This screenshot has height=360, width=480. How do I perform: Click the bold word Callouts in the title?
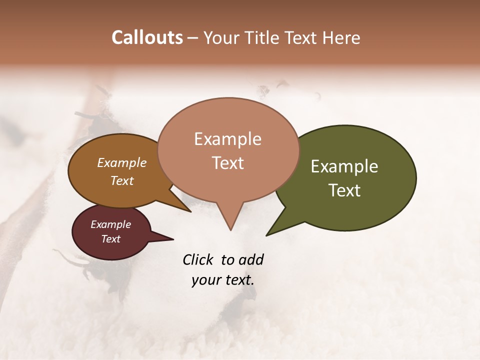(147, 37)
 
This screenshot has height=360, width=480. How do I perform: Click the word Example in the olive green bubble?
(344, 166)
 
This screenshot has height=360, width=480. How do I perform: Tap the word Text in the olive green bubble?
(344, 190)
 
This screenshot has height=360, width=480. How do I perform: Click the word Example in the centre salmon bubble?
(227, 139)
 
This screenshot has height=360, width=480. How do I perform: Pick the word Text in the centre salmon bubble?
(228, 163)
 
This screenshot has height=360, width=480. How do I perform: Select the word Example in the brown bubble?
(122, 163)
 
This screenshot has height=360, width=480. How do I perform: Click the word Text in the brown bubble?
(122, 180)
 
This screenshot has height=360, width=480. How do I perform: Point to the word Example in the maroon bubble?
(110, 224)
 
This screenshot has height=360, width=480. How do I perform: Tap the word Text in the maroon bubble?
(111, 239)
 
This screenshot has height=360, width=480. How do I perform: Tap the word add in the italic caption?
(250, 259)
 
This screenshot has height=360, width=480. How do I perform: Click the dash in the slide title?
(193, 37)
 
